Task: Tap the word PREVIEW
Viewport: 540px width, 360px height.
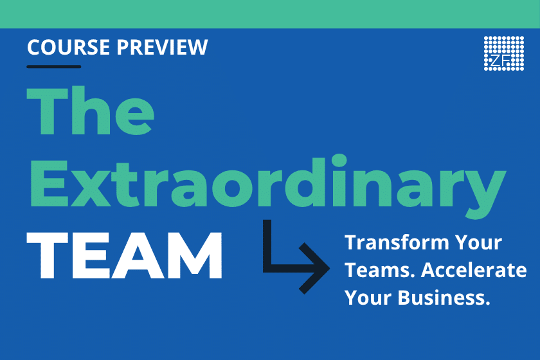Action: (x=162, y=47)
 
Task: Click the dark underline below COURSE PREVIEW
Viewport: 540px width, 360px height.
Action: (x=54, y=66)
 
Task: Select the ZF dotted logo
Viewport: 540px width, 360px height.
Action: (x=504, y=53)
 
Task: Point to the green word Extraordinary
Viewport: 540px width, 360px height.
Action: (x=267, y=183)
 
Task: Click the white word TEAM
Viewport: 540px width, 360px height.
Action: (x=124, y=255)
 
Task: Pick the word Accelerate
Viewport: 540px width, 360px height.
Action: (x=474, y=270)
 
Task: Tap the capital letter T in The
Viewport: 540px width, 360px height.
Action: (x=47, y=111)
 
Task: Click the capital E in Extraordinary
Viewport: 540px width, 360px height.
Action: (x=50, y=183)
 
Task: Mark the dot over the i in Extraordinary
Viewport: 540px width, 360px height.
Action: (x=339, y=161)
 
